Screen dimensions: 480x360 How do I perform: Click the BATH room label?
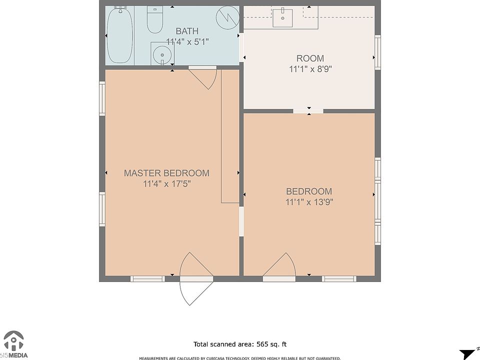(x=187, y=31)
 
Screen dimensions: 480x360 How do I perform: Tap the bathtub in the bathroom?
(x=119, y=35)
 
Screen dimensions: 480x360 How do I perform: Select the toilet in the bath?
(x=155, y=19)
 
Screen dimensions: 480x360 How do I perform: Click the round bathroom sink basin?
(x=162, y=55)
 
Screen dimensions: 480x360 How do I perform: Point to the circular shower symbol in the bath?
(x=227, y=17)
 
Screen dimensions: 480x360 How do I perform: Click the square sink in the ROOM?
(x=282, y=18)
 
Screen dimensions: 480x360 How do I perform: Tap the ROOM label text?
(x=310, y=58)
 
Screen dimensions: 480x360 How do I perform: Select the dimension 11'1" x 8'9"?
(x=310, y=69)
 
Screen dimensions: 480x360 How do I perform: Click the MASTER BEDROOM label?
(x=166, y=173)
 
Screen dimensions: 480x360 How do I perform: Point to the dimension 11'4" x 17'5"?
(x=167, y=183)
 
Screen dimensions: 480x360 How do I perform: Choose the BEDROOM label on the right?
(x=309, y=191)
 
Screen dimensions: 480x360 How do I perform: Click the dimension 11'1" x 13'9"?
(x=309, y=202)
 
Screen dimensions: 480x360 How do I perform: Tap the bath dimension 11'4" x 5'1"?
(x=187, y=41)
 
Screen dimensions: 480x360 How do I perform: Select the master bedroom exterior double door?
(x=196, y=278)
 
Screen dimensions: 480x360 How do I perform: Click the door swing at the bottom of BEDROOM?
(x=279, y=265)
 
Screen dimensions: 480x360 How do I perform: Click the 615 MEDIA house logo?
(x=14, y=344)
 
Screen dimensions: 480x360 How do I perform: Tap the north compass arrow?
(x=468, y=353)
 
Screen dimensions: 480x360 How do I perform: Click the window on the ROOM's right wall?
(x=378, y=51)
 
